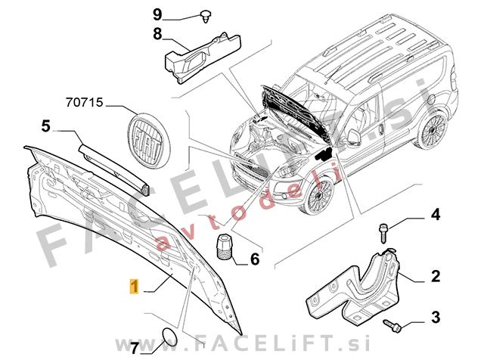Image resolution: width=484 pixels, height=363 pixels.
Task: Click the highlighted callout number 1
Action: (x=134, y=287)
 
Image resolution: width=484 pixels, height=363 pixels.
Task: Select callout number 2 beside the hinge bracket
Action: (x=436, y=276)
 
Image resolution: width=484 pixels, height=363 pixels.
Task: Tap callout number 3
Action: (x=436, y=318)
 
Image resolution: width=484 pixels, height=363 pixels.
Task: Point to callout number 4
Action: (x=436, y=215)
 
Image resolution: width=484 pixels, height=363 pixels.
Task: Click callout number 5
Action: (x=45, y=126)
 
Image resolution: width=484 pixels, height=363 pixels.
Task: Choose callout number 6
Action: (x=255, y=259)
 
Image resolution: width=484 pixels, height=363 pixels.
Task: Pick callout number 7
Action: (x=135, y=349)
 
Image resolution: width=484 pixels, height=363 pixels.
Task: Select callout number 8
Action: (x=157, y=34)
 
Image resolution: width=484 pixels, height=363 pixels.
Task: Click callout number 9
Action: (x=157, y=14)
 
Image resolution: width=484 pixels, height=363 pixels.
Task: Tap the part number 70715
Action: (x=84, y=103)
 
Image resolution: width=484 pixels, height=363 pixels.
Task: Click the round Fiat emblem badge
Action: (x=149, y=141)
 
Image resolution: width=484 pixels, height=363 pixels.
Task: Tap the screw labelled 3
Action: (x=392, y=326)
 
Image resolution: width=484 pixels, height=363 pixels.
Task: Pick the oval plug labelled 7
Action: (x=170, y=337)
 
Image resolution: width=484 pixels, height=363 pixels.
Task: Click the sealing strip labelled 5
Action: (x=114, y=169)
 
